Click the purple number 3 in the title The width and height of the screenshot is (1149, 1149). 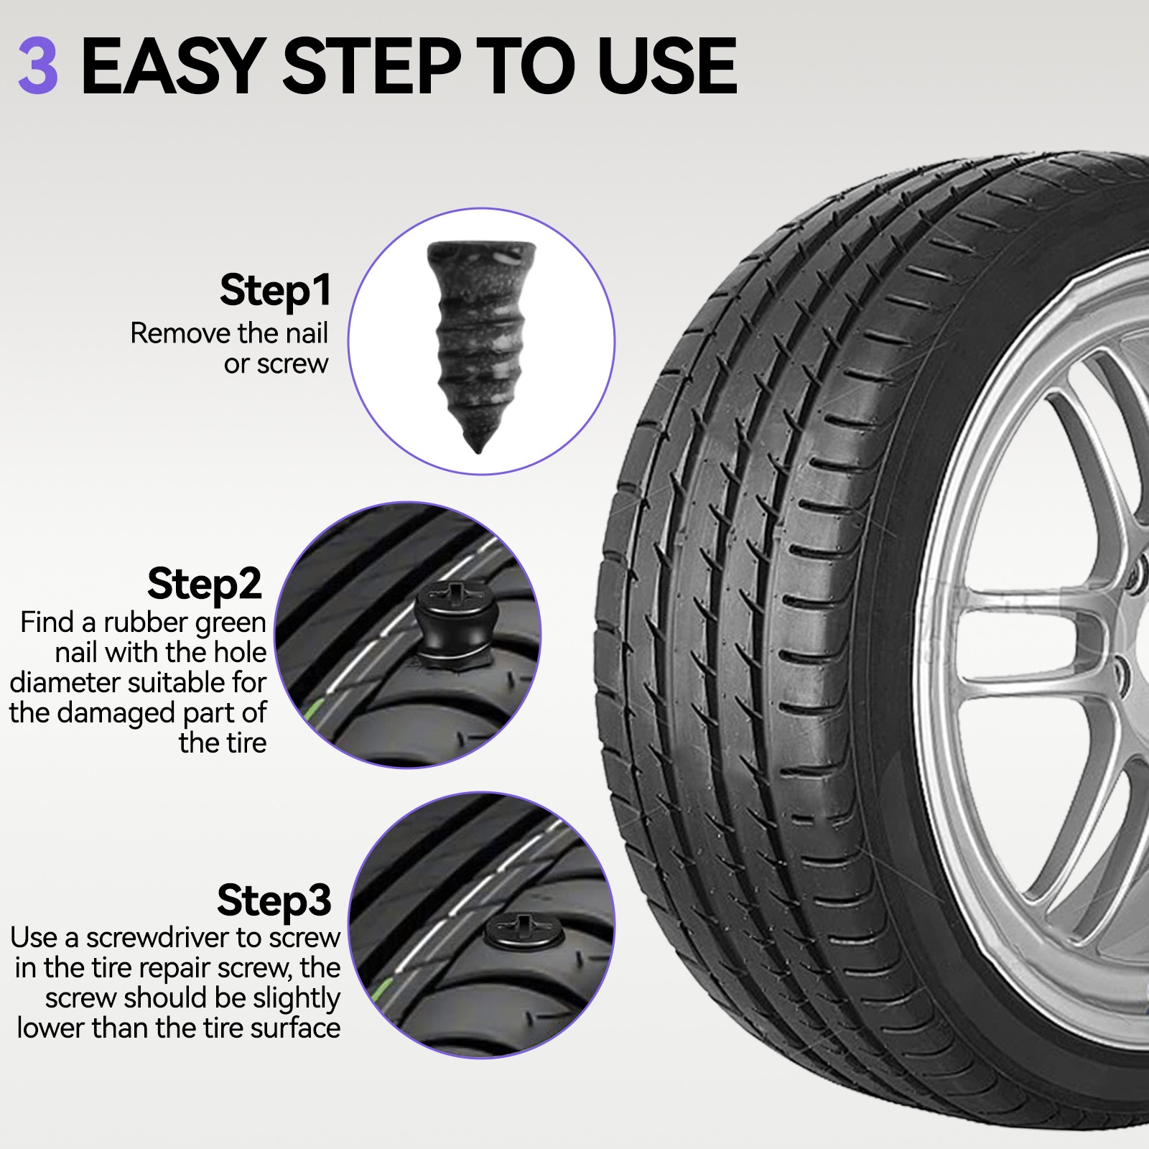click(x=37, y=66)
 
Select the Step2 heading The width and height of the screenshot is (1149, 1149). click(x=204, y=583)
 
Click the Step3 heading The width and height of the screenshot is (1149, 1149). click(x=274, y=900)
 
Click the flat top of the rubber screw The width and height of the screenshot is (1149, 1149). click(x=482, y=251)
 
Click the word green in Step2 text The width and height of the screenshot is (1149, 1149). click(x=228, y=623)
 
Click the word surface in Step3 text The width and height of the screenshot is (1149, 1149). click(x=294, y=1028)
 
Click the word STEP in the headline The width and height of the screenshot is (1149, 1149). click(x=370, y=66)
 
